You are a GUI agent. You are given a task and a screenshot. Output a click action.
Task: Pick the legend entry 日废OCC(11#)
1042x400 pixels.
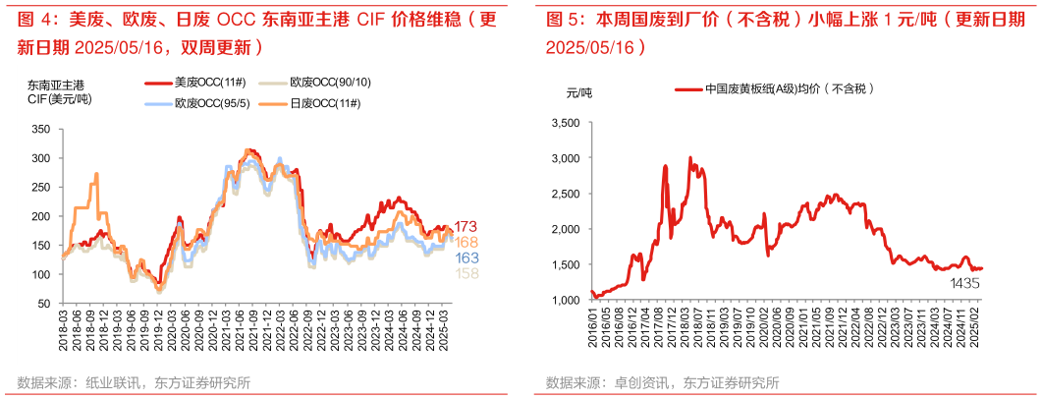point(315,103)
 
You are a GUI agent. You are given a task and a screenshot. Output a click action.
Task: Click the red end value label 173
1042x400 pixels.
point(466,227)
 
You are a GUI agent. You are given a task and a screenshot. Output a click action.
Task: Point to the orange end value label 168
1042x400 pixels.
point(466,242)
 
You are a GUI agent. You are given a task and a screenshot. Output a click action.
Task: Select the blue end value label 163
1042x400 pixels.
point(466,257)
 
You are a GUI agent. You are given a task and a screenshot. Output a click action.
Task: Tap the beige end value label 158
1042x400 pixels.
point(466,273)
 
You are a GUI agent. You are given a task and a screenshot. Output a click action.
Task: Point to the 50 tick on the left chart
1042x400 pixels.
point(44,304)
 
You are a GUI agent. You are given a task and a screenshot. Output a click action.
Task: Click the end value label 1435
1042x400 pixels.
point(964,283)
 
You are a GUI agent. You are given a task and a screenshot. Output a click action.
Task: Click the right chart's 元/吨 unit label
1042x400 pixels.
point(580,92)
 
